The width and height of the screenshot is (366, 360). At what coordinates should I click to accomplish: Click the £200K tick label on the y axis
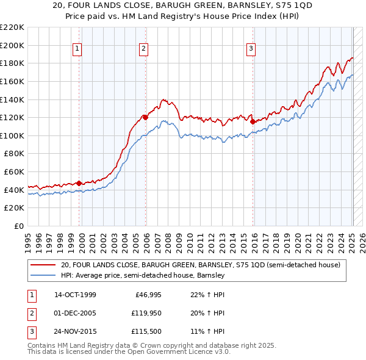click(x=13, y=45)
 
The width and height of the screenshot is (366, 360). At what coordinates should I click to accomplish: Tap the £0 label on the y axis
click(x=20, y=226)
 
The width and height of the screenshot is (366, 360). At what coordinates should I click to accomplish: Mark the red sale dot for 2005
click(x=145, y=117)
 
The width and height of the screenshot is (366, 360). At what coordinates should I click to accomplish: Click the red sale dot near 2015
click(x=253, y=121)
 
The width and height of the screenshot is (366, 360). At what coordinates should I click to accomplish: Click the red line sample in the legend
click(x=43, y=265)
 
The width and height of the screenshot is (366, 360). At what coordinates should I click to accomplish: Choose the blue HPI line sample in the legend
click(x=43, y=275)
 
